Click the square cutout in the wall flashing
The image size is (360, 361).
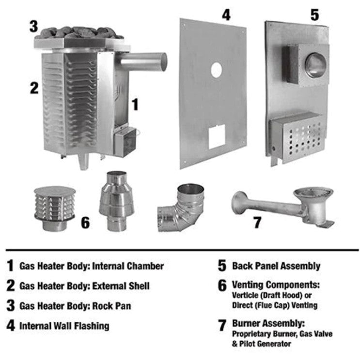pyautogui.click(x=217, y=137)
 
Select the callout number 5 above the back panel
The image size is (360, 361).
pyautogui.click(x=314, y=15)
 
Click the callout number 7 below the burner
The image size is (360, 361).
pyautogui.click(x=257, y=222)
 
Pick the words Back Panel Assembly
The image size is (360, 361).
pyautogui.click(x=276, y=266)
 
